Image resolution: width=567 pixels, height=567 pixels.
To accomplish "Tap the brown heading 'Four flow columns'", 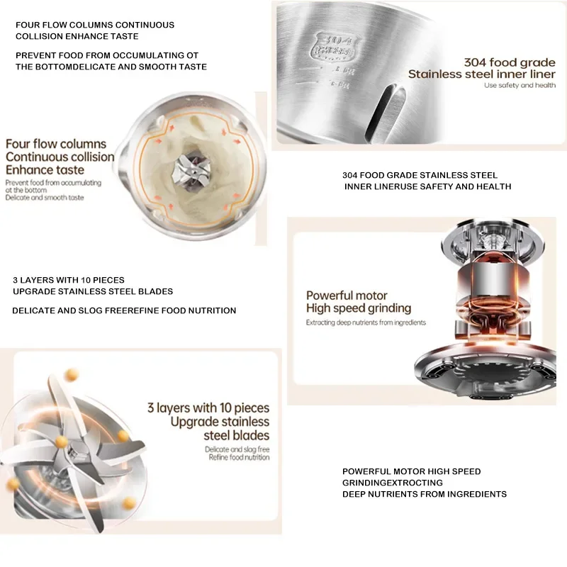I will point(56,144).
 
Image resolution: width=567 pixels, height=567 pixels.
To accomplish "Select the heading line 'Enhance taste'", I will point(45,170).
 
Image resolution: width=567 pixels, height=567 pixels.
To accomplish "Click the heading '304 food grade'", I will point(510,61).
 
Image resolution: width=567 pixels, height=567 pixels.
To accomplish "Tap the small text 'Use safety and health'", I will point(520,85).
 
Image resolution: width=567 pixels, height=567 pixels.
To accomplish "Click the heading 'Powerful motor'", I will point(347,296).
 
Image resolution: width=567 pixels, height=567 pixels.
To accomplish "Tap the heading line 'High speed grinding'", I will point(358,308).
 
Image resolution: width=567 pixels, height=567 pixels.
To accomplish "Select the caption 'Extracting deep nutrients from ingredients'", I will point(366,322).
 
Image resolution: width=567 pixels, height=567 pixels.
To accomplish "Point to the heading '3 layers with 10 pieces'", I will point(208,408).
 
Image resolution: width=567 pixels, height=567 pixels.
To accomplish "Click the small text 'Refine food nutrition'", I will point(239,458).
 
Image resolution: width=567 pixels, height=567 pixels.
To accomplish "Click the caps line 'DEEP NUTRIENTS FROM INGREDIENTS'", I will point(424,494).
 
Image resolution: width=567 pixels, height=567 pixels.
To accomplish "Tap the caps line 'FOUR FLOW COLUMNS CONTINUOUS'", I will point(95,25).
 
